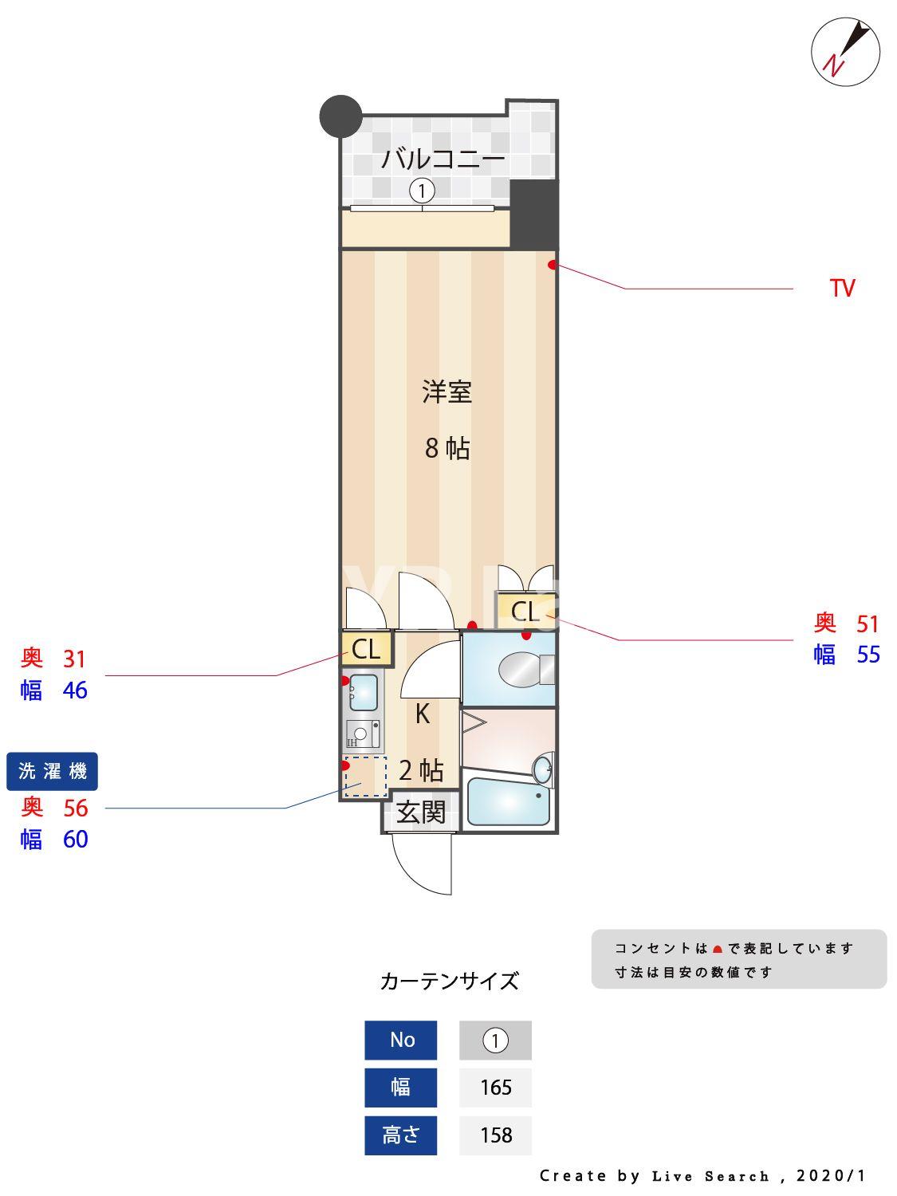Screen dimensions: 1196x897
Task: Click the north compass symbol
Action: tap(845, 53)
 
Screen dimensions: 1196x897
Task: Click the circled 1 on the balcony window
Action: tap(422, 191)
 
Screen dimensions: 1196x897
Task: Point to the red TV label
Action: tap(842, 288)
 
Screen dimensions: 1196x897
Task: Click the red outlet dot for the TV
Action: tap(552, 265)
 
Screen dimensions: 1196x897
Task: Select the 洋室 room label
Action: tap(447, 392)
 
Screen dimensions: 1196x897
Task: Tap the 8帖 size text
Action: tap(447, 448)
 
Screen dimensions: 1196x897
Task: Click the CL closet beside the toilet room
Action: tap(524, 612)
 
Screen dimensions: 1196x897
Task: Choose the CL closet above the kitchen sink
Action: tap(366, 649)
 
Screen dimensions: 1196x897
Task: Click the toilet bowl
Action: tap(522, 670)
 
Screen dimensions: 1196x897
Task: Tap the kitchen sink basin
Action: tap(364, 692)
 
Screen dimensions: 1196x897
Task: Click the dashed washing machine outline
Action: tap(365, 777)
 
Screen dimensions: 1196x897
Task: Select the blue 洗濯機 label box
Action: tap(52, 771)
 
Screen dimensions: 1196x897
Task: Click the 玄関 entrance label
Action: tap(421, 812)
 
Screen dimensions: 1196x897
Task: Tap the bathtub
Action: tap(509, 801)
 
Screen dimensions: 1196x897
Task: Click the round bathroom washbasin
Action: tap(542, 769)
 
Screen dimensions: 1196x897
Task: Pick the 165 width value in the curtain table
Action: tap(495, 1087)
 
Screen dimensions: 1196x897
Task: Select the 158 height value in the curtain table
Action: tap(495, 1135)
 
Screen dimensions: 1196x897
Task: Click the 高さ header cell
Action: tap(400, 1135)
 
